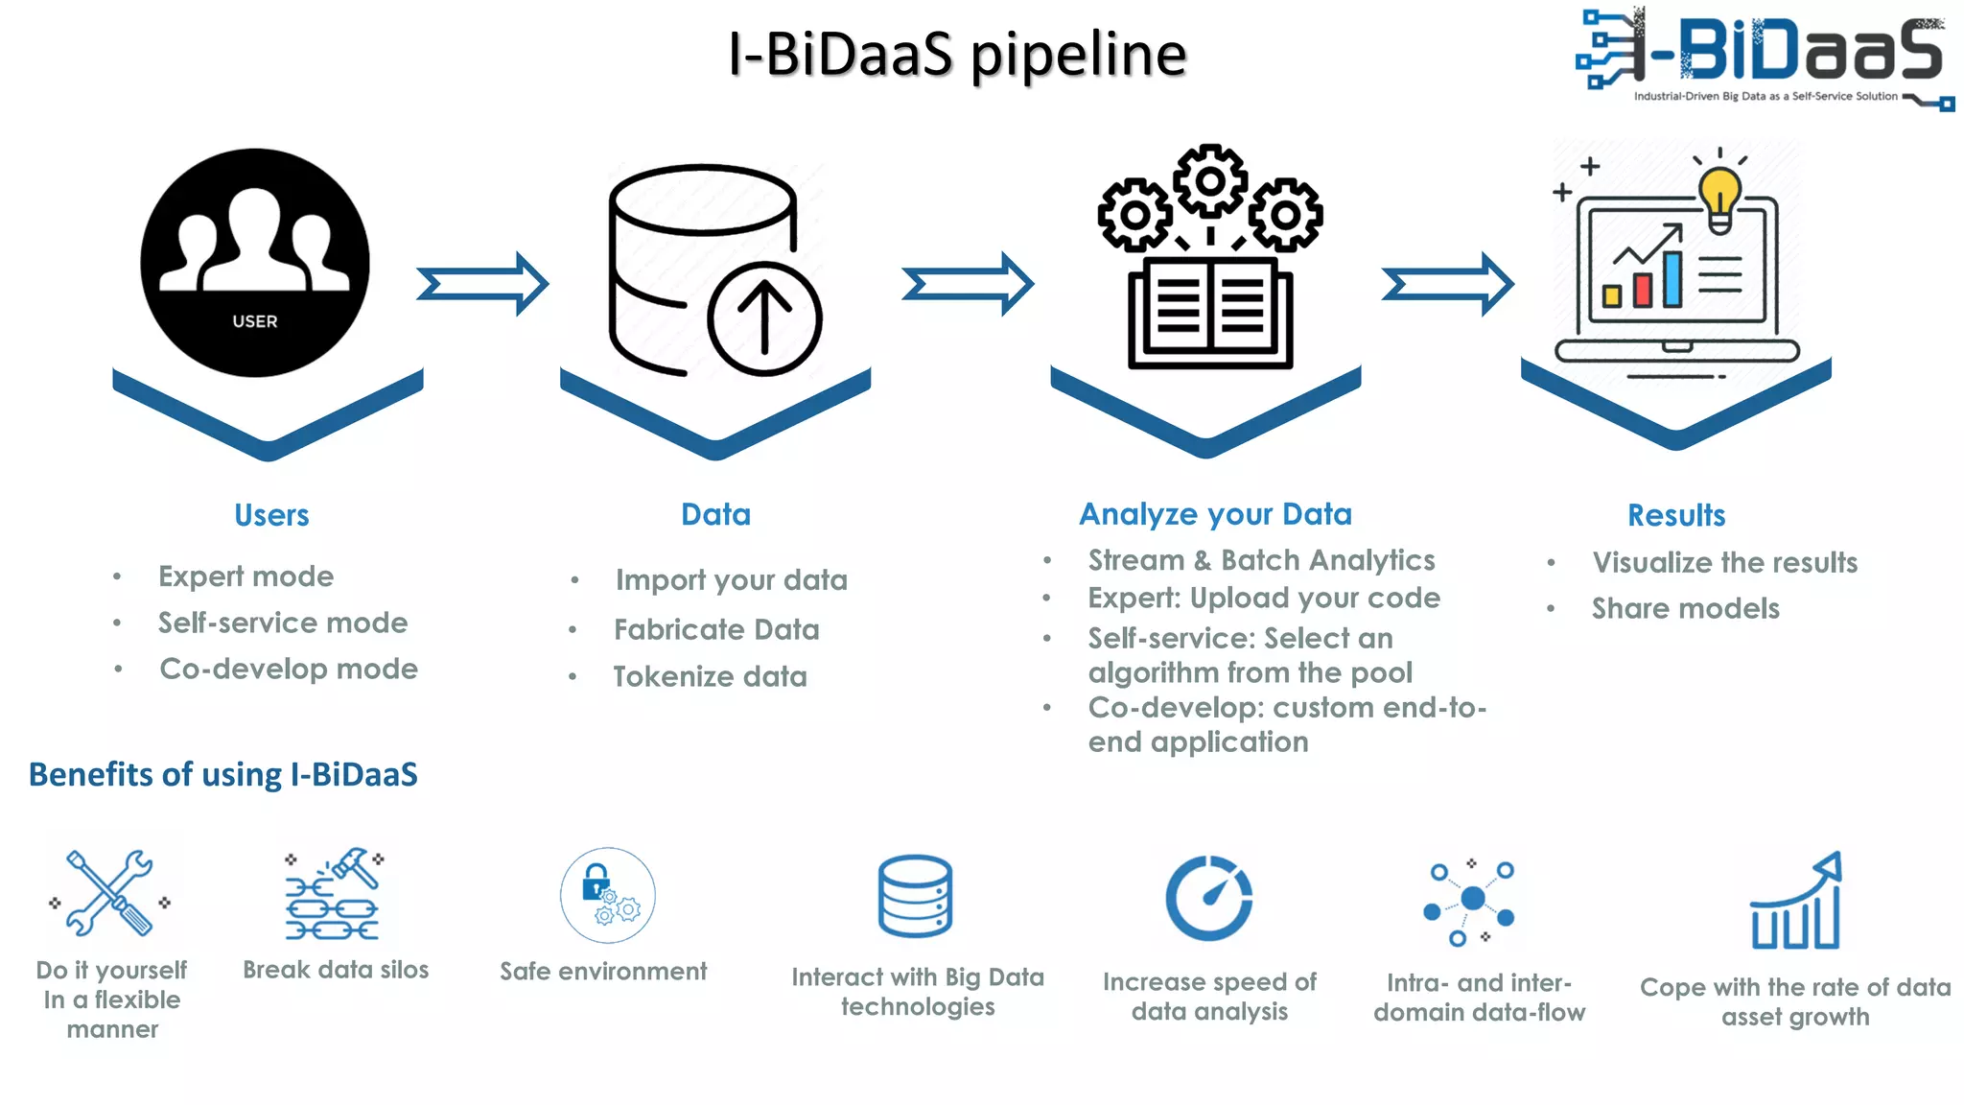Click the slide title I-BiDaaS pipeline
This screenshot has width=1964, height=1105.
pos(956,54)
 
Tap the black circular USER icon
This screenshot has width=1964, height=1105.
pos(255,262)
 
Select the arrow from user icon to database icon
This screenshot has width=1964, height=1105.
pos(482,284)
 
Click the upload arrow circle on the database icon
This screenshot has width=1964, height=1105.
pos(764,319)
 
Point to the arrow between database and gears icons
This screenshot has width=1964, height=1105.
pos(968,284)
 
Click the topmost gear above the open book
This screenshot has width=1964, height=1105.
pos(1210,180)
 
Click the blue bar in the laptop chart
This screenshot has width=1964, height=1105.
pos(1672,278)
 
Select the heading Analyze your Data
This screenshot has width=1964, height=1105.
pos(1215,514)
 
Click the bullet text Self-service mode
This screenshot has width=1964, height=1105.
pos(283,623)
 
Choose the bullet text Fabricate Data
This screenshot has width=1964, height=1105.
pos(716,629)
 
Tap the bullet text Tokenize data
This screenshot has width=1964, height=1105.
pos(710,676)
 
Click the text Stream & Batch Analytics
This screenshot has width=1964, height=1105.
pos(1261,560)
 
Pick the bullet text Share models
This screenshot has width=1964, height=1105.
pos(1685,608)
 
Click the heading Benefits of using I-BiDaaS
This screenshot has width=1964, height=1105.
pos(222,774)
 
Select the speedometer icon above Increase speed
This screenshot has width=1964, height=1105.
pos(1208,898)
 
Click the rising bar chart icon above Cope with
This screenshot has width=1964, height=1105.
pos(1795,902)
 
